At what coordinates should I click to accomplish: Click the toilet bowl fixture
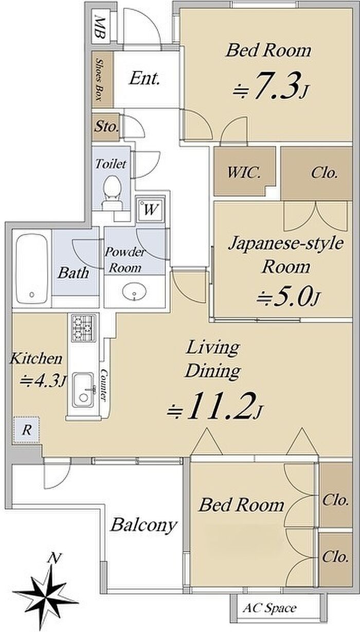pyautogui.click(x=112, y=193)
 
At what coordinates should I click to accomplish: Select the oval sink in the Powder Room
pyautogui.click(x=134, y=292)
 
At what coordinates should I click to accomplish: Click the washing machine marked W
pyautogui.click(x=150, y=209)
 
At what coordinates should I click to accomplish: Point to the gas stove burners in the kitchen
pyautogui.click(x=83, y=328)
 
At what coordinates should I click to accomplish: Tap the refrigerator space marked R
pyautogui.click(x=26, y=430)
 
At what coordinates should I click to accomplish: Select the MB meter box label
pyautogui.click(x=100, y=27)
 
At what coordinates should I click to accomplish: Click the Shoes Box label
pyautogui.click(x=99, y=79)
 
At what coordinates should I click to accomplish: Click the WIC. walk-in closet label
pyautogui.click(x=244, y=173)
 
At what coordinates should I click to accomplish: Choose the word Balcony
pyautogui.click(x=143, y=526)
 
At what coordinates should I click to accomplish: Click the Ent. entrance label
pyautogui.click(x=145, y=78)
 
